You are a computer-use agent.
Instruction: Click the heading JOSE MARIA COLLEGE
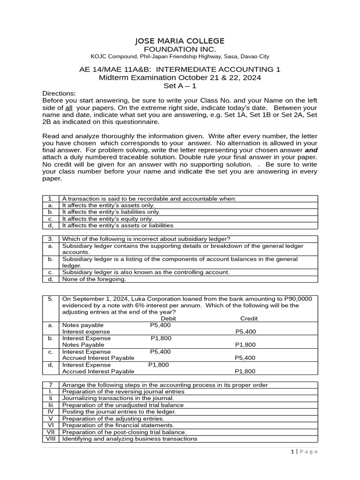coord(180,41)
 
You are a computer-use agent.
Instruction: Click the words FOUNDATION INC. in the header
coord(180,49)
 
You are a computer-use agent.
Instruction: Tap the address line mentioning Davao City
coord(180,57)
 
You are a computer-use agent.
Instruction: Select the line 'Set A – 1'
coord(180,86)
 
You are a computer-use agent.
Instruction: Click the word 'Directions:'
coord(59,93)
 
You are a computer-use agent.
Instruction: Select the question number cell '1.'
coord(51,199)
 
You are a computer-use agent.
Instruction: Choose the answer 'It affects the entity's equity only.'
coord(108,218)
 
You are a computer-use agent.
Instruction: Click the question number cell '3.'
coord(51,239)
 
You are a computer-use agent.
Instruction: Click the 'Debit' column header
coord(168,318)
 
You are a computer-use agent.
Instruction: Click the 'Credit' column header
coord(249,318)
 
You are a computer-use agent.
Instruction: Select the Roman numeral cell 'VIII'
coord(51,439)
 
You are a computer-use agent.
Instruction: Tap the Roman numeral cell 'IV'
coord(51,412)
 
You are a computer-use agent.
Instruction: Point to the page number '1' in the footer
coord(291,451)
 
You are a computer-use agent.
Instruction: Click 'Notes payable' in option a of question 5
coord(83,325)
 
